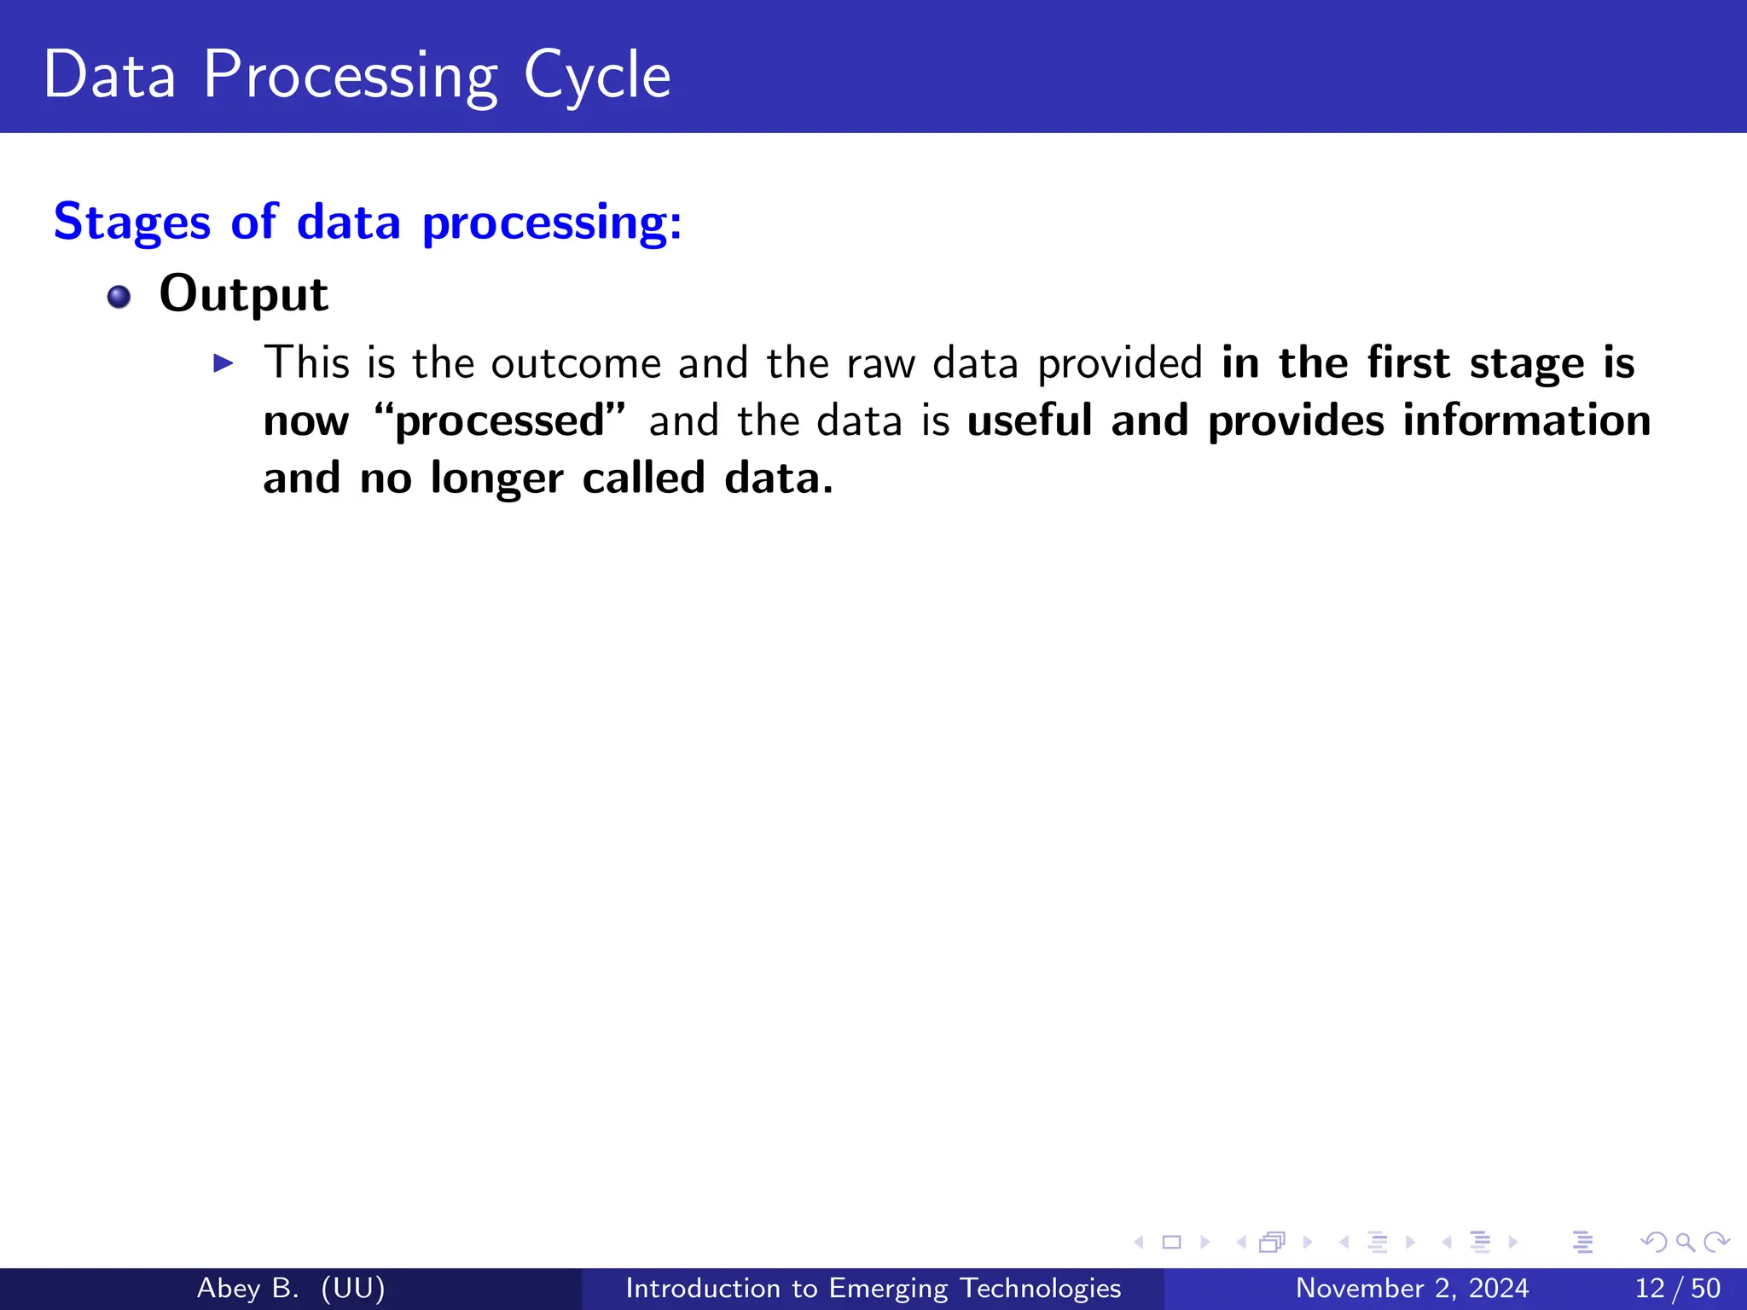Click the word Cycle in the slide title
pos(597,77)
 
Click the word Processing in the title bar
pos(350,77)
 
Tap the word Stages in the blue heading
pos(131,223)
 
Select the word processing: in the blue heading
pos(552,223)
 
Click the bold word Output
pos(243,295)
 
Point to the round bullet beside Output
pos(119,297)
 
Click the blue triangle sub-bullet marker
pos(223,363)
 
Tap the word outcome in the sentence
pos(576,363)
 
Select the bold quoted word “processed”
pos(500,420)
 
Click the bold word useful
pos(1030,420)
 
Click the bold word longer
pos(496,478)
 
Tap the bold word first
pos(1408,363)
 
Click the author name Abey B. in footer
pos(247,1288)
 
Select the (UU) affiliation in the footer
pos(353,1288)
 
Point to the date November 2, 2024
pos(1412,1288)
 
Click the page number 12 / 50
pos(1677,1288)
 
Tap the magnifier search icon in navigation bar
pos(1685,1242)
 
